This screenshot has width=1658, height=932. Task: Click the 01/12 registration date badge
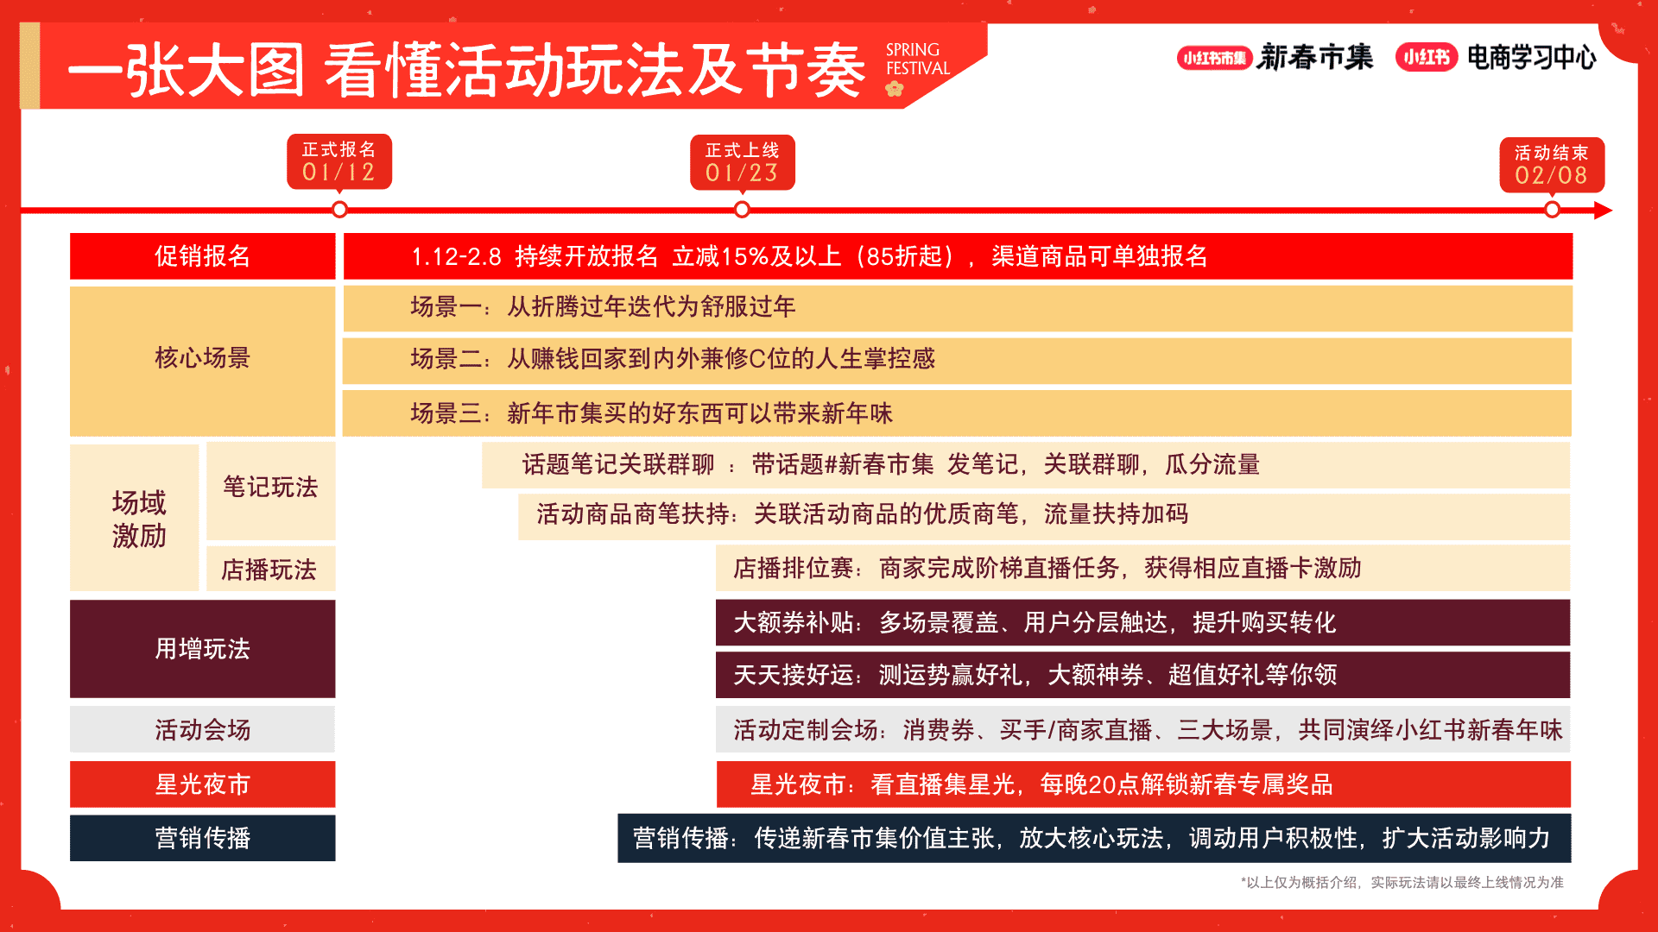(339, 161)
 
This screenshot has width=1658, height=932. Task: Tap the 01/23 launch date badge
(743, 162)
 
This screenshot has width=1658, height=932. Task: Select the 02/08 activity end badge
(1552, 165)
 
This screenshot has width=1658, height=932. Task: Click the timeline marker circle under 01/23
(742, 210)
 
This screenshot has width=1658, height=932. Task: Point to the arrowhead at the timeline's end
(1603, 210)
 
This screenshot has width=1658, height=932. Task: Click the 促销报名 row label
(202, 256)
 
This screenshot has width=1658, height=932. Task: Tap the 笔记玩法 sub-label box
(270, 490)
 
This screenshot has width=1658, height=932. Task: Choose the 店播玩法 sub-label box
(270, 569)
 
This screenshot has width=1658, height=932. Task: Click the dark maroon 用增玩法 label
(202, 649)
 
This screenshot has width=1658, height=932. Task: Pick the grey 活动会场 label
(202, 730)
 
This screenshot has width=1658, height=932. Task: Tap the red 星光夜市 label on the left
(202, 784)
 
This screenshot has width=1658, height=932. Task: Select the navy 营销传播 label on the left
(202, 838)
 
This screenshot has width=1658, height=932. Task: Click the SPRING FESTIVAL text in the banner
(917, 60)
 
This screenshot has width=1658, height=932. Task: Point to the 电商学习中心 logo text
(1532, 58)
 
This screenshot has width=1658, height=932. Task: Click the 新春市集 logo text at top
(1315, 57)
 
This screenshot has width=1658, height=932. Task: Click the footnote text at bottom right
(1402, 882)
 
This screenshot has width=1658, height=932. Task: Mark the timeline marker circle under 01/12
(339, 210)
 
